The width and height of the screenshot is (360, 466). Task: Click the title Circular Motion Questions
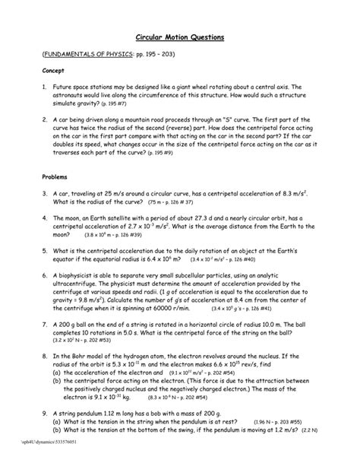pyautogui.click(x=179, y=37)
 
